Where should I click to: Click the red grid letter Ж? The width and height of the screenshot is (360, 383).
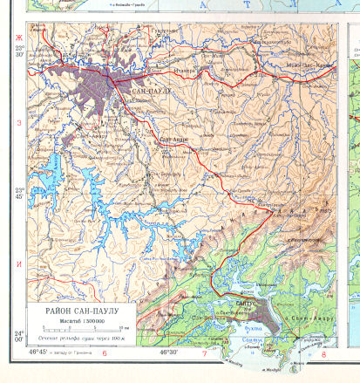tap(16, 37)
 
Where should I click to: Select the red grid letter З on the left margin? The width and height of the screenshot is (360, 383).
tap(16, 122)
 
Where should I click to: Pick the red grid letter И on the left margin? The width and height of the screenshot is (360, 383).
tap(16, 263)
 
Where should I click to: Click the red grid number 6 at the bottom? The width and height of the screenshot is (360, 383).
tap(104, 353)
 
